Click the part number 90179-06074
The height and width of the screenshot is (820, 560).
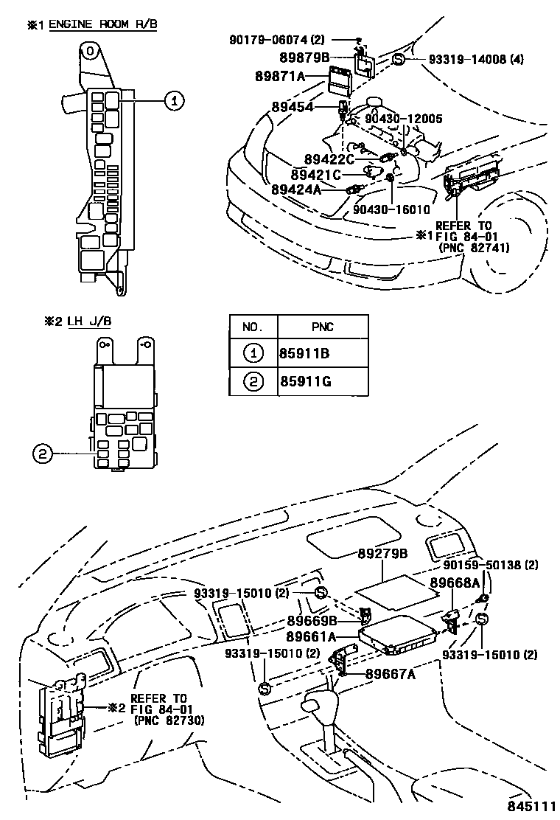click(270, 39)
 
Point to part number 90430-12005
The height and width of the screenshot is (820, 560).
click(405, 118)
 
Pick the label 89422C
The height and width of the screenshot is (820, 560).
click(329, 159)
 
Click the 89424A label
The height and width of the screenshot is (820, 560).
click(296, 190)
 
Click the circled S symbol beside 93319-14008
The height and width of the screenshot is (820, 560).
click(398, 60)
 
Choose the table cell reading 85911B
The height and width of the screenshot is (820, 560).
click(303, 353)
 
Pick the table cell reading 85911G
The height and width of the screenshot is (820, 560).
click(303, 381)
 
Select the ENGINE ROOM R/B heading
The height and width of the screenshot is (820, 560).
click(102, 24)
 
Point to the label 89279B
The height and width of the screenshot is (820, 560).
click(383, 553)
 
